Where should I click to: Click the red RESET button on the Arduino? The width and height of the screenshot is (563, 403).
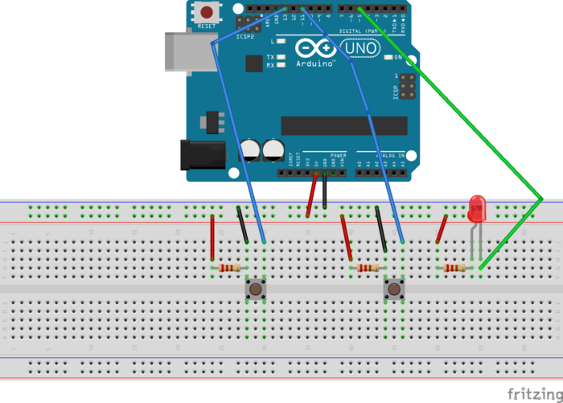tap(208, 13)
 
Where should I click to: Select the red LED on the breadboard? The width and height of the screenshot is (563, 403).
tap(478, 208)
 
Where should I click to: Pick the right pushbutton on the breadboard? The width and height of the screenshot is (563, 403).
tap(394, 289)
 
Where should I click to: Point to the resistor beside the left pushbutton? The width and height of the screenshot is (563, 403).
tap(229, 268)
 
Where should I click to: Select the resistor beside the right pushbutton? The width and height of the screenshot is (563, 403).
tap(368, 268)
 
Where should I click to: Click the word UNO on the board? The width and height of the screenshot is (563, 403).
tap(361, 49)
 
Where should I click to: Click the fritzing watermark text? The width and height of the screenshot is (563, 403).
tap(534, 393)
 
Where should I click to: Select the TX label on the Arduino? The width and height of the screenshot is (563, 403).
tap(271, 57)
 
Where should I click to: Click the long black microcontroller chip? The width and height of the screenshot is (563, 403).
tap(345, 125)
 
